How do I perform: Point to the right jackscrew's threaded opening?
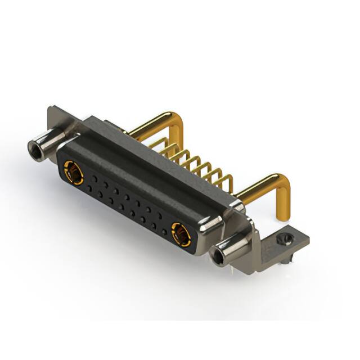pyautogui.click(x=218, y=256)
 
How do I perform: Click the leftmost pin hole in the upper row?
pyautogui.click(x=93, y=178)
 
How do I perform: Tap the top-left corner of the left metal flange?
pyautogui.click(x=50, y=108)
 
